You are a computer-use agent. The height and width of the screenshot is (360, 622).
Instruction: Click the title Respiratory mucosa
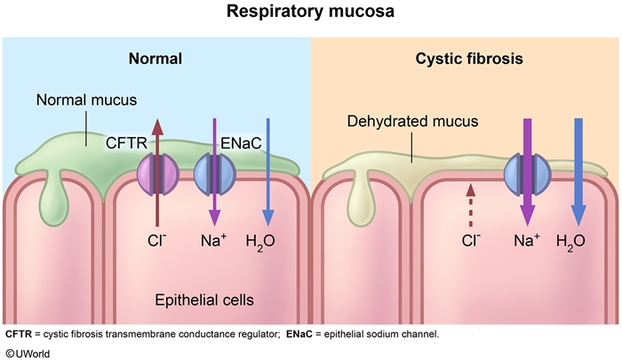(x=310, y=15)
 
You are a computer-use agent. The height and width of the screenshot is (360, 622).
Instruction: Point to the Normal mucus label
(x=79, y=100)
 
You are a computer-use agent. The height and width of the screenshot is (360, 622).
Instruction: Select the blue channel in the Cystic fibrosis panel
(x=524, y=171)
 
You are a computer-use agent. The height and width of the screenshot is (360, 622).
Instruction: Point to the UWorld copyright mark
(x=27, y=350)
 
